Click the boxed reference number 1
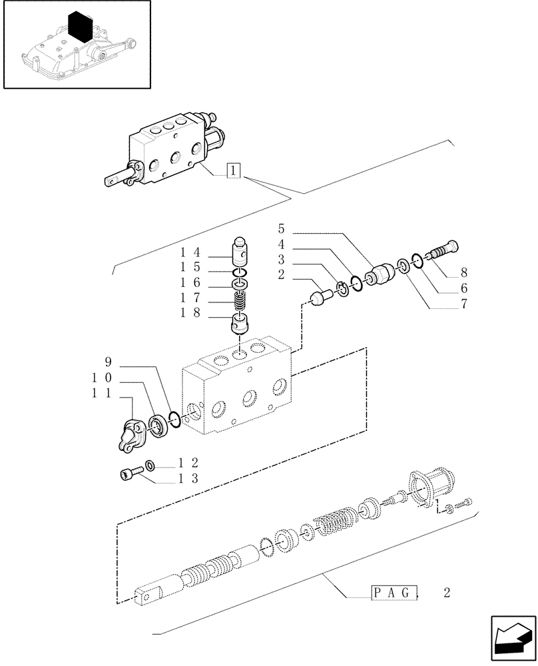point(232,170)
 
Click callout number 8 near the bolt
point(463,273)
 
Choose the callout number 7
point(463,305)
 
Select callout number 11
point(101,394)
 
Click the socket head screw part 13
point(130,474)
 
